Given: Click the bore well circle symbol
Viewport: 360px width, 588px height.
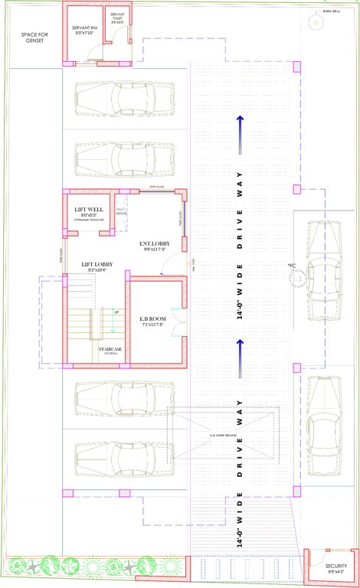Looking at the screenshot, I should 313,22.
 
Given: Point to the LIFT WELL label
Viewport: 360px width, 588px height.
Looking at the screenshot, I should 89,209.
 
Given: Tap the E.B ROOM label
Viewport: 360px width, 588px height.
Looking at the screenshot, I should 152,318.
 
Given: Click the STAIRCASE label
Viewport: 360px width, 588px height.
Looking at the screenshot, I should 112,349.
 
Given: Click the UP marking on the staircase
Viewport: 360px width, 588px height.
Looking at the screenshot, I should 116,312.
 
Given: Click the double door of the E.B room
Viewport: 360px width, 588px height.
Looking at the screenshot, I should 177,322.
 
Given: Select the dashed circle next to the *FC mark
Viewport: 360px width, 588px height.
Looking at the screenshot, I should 296,276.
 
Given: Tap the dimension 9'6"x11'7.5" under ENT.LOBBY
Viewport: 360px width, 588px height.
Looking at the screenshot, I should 155,250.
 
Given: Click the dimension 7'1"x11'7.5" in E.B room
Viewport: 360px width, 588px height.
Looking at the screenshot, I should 152,325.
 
